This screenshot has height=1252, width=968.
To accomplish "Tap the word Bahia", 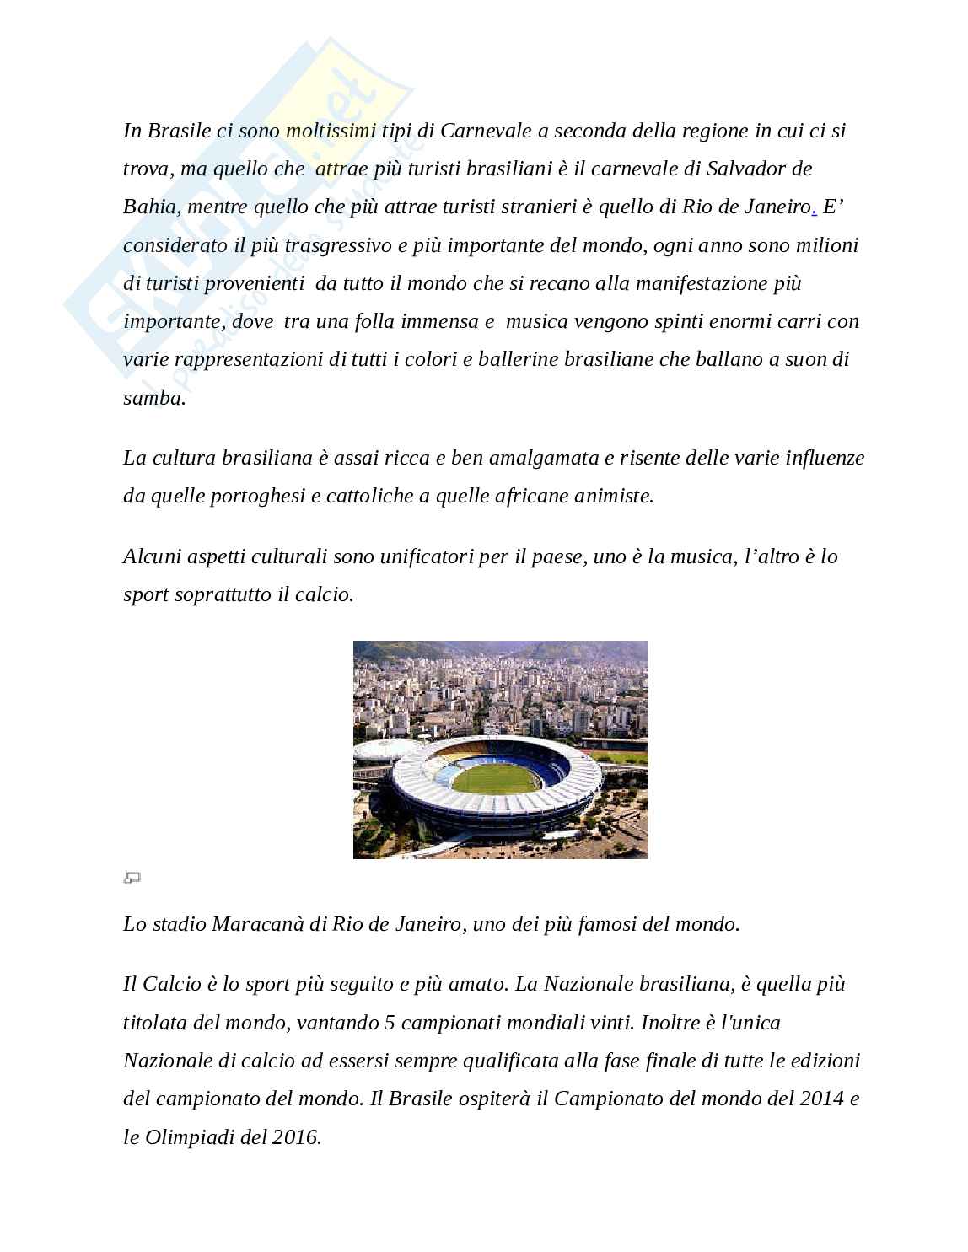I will [x=150, y=207].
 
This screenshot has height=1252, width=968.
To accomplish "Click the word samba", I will [x=153, y=398].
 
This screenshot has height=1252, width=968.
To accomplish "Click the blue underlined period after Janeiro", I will [x=814, y=208].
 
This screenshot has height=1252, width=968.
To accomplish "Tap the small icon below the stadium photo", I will [x=132, y=879].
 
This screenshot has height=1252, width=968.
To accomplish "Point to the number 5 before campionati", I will [x=389, y=1023].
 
